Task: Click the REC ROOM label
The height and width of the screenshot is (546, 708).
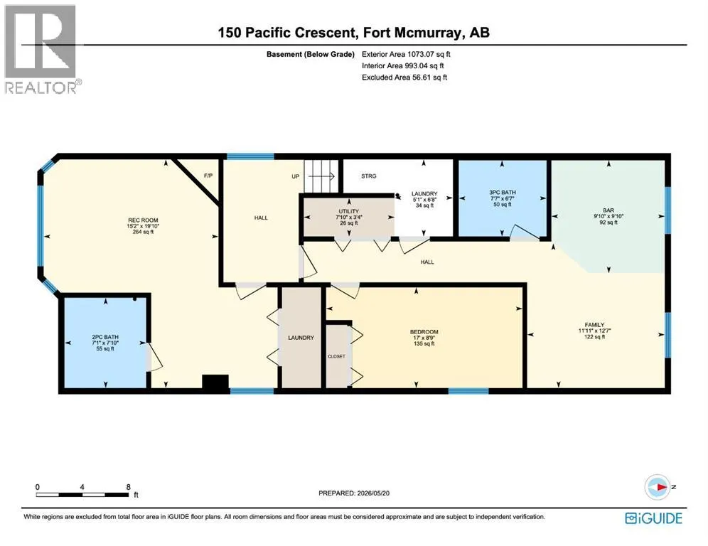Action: tap(143, 220)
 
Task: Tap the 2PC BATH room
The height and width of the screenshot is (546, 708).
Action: tap(105, 343)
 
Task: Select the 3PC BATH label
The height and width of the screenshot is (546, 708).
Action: tap(502, 193)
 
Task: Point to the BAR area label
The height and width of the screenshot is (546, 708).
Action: tap(608, 210)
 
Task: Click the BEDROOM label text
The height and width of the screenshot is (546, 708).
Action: tap(424, 332)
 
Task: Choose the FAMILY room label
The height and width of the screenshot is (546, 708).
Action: tap(594, 325)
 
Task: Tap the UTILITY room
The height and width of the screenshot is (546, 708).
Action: tap(348, 217)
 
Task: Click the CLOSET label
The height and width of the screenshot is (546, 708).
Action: tap(336, 356)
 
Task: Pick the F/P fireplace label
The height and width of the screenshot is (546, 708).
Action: tap(208, 176)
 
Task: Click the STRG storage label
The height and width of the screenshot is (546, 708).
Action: tap(368, 176)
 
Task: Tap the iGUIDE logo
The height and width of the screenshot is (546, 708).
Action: tap(653, 518)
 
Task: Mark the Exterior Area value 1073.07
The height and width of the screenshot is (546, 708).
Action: tap(420, 54)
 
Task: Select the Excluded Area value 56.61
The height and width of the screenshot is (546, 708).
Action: tap(422, 77)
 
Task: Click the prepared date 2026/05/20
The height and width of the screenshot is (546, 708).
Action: tap(373, 493)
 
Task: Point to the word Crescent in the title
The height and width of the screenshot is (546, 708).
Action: tap(323, 33)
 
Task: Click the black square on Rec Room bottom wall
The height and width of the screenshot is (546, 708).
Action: tap(215, 382)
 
